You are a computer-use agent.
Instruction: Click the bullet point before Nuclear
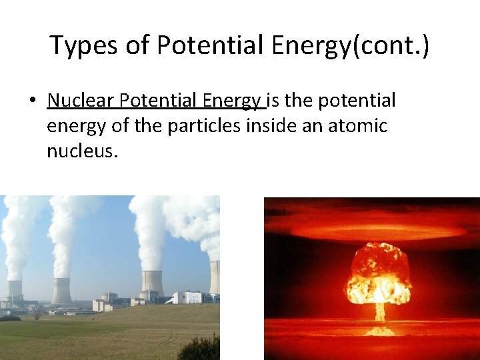(x=31, y=101)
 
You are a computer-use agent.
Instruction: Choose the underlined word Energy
(x=233, y=101)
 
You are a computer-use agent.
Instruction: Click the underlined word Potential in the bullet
(x=160, y=101)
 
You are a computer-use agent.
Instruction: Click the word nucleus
(x=81, y=151)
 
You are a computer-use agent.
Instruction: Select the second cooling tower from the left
(x=62, y=291)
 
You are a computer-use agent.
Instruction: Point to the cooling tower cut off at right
(x=215, y=277)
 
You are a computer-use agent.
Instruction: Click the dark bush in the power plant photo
(x=200, y=348)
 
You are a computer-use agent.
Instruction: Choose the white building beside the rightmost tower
(x=188, y=297)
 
